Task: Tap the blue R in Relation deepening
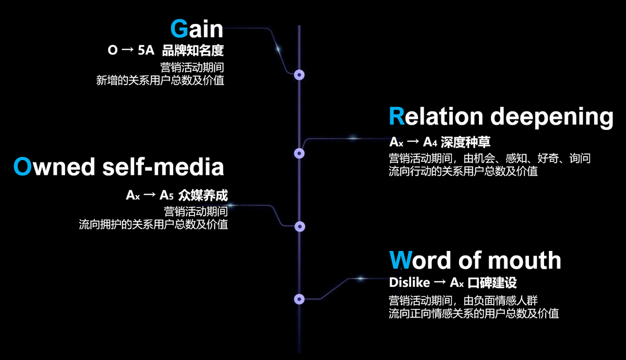click(x=398, y=116)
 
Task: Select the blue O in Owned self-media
click(x=23, y=167)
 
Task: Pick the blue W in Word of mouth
click(x=401, y=260)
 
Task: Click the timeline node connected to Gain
click(x=299, y=75)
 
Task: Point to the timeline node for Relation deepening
click(x=299, y=153)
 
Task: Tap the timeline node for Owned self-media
click(x=299, y=226)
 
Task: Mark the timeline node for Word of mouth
click(x=299, y=299)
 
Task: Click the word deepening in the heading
click(x=552, y=117)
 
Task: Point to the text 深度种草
click(x=465, y=141)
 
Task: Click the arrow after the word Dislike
click(x=439, y=283)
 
